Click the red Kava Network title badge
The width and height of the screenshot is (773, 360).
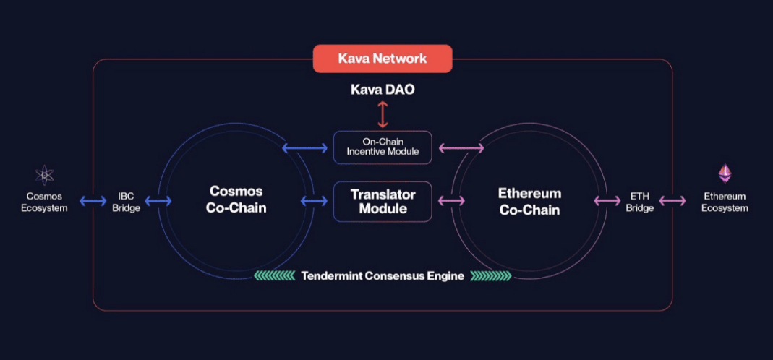pos(383,59)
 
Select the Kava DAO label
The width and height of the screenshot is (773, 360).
pos(383,90)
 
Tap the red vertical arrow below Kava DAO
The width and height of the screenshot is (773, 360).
pos(383,115)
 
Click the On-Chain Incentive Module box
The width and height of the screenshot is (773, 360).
pos(383,147)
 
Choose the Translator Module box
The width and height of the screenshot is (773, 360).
pos(383,202)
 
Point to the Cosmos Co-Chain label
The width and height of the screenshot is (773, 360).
pos(236,200)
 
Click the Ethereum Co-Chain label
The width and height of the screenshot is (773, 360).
pos(529,201)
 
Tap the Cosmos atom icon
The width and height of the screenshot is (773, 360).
pos(44,175)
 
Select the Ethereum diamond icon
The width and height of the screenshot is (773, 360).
pos(725,173)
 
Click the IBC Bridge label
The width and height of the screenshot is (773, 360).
pos(127,202)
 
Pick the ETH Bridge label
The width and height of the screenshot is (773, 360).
pos(640,202)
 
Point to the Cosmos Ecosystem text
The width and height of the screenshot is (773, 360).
pos(44,202)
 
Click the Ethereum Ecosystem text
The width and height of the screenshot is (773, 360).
pos(725,202)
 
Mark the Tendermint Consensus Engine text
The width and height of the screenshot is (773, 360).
pos(383,276)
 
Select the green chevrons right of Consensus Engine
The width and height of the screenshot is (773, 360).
pos(491,275)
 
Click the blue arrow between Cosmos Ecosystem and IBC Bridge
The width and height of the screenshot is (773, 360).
pos(93,201)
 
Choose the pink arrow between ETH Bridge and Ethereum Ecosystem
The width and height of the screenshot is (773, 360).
pos(672,201)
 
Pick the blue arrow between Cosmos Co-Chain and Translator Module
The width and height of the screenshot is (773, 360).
pos(314,201)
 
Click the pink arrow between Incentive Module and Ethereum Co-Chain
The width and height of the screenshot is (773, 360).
pos(461,147)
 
